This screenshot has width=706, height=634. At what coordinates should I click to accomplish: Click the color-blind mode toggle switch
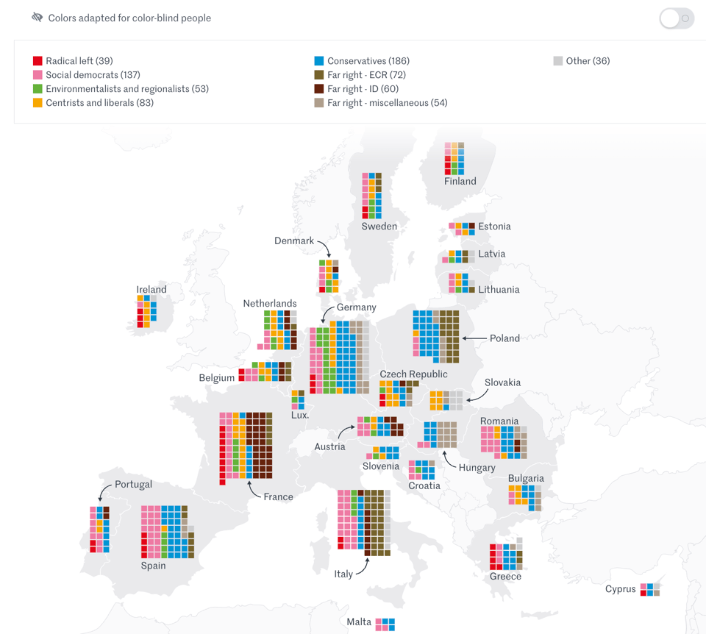[677, 18]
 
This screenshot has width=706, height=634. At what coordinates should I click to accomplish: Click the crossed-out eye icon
[38, 18]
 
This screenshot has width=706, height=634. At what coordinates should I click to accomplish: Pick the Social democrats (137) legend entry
[92, 75]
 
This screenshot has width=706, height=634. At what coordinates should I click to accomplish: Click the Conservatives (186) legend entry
[368, 61]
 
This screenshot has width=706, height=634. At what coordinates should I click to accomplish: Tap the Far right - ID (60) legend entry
[363, 89]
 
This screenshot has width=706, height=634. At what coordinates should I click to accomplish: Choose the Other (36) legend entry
[587, 61]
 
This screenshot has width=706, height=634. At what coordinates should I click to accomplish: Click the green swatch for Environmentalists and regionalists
[38, 89]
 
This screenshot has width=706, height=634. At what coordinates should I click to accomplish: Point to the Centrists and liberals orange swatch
[38, 103]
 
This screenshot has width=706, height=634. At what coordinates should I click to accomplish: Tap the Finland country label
[460, 182]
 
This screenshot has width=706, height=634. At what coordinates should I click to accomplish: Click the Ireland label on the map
[151, 290]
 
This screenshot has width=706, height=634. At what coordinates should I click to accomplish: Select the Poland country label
[504, 338]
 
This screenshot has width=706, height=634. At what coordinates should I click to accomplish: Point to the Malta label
[359, 622]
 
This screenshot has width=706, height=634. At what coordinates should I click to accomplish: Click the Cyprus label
[620, 589]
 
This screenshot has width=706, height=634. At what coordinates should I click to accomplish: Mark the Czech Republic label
[413, 374]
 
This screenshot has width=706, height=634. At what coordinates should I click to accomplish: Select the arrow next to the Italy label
[362, 567]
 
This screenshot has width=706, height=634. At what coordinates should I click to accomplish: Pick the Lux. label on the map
[300, 415]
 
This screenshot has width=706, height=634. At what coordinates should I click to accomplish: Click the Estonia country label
[494, 227]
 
